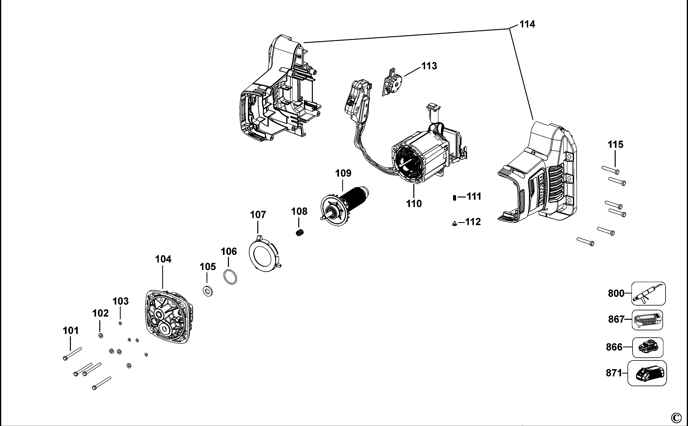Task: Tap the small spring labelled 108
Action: [300, 233]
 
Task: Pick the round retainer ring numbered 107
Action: [264, 254]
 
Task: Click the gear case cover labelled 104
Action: [169, 317]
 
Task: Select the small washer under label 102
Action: [100, 336]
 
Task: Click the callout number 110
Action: [414, 203]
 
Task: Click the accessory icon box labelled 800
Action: [648, 293]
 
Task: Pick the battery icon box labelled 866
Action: [647, 347]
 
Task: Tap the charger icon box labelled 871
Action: [647, 373]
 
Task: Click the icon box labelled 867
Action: [647, 320]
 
